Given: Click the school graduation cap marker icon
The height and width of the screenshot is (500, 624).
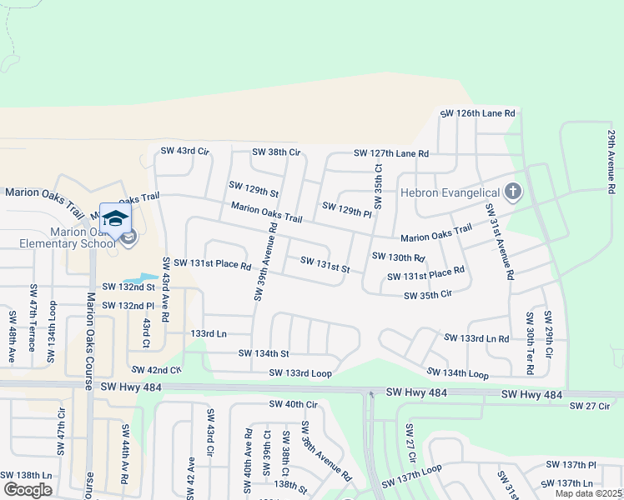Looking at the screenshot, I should [x=115, y=217].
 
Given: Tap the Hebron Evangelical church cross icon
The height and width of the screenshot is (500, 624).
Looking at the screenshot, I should [x=513, y=192].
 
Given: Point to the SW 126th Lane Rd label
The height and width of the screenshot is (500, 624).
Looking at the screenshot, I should [x=478, y=113].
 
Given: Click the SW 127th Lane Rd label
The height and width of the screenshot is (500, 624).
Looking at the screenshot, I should [x=390, y=153].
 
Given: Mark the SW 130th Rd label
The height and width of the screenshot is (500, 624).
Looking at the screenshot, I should [x=399, y=257].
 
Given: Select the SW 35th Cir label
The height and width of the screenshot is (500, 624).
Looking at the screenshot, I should [x=427, y=295].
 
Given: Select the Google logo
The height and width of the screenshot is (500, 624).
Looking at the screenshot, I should [x=28, y=490].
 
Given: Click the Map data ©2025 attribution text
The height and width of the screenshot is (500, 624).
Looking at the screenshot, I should [x=588, y=493].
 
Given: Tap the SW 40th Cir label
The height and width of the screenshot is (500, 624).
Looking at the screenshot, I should [x=294, y=404].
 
